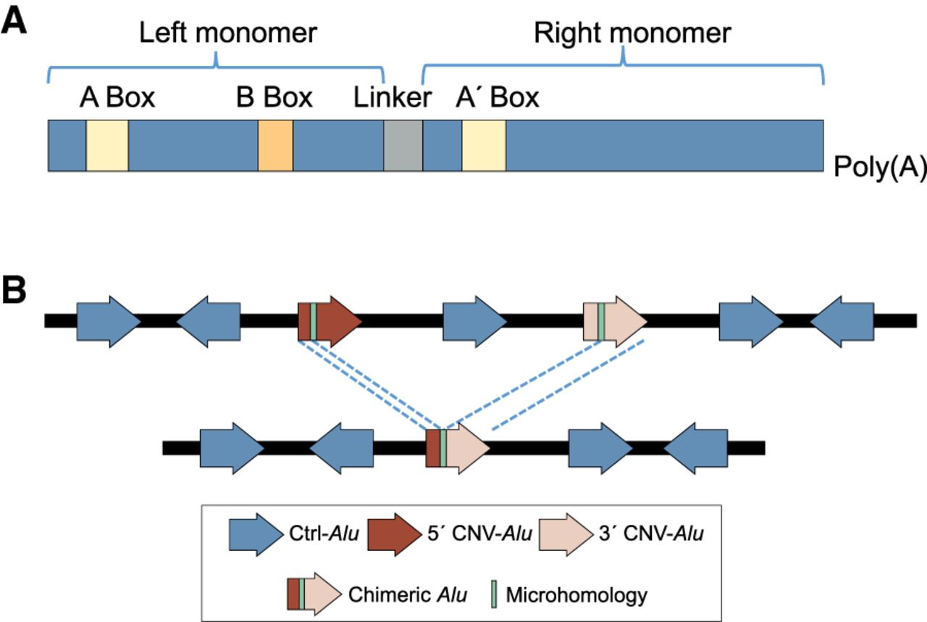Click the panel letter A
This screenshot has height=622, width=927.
[x=16, y=20]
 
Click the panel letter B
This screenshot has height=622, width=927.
[x=16, y=291]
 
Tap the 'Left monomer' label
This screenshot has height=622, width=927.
[x=228, y=33]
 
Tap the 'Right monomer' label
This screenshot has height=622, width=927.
[x=632, y=33]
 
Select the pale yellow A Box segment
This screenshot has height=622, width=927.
[x=107, y=146]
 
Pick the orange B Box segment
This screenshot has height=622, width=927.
[x=275, y=146]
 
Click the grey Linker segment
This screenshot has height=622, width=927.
[x=403, y=146]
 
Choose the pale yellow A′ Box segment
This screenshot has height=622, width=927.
[x=484, y=146]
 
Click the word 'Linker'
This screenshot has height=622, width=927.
[x=393, y=97]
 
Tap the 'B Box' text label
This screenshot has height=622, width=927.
[x=274, y=97]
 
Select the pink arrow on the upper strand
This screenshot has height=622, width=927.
[x=616, y=320]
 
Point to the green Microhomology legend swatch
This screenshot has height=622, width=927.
[x=492, y=594]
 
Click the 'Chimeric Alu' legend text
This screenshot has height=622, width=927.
[x=407, y=595]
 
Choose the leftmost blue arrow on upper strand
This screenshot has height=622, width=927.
[x=108, y=320]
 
